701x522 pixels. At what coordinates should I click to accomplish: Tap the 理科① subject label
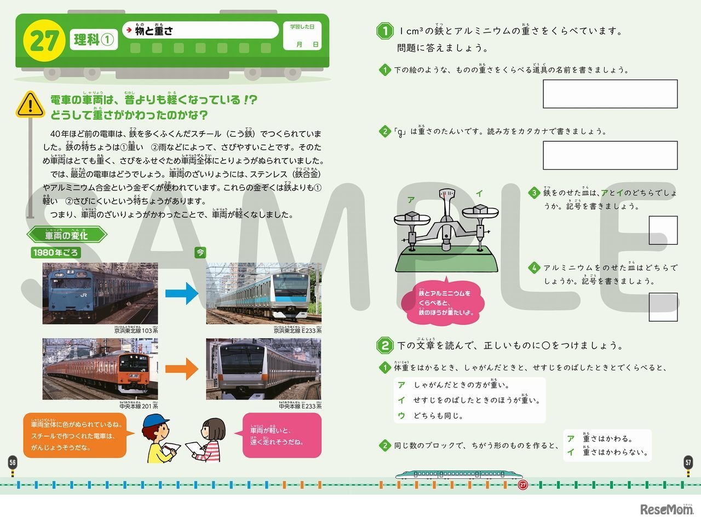tap(93, 40)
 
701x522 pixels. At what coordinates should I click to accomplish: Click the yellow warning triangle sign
tap(30, 104)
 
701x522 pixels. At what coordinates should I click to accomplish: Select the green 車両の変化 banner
tap(66, 235)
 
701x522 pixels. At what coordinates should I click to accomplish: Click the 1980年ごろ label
tap(56, 252)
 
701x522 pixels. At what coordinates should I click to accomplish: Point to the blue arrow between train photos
tap(182, 293)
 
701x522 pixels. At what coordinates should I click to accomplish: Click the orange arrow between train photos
tap(182, 369)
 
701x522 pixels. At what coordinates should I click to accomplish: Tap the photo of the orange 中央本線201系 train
tap(100, 369)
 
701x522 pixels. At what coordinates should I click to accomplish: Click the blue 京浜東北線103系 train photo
tap(100, 293)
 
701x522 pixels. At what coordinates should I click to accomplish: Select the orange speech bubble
tap(75, 436)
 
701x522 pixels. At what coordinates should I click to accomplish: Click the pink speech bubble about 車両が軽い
tap(281, 436)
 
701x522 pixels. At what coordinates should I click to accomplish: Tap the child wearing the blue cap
tap(159, 438)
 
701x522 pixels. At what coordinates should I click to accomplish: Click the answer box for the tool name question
tap(610, 94)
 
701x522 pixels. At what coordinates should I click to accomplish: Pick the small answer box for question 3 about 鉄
tap(663, 230)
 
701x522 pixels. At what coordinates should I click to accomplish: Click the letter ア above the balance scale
tap(411, 200)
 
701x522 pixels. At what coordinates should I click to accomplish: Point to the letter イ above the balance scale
tap(479, 193)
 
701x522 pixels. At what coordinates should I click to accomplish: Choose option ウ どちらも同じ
tap(433, 415)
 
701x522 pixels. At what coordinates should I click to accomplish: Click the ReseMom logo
tap(666, 509)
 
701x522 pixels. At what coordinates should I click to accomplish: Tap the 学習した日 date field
tap(302, 36)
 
